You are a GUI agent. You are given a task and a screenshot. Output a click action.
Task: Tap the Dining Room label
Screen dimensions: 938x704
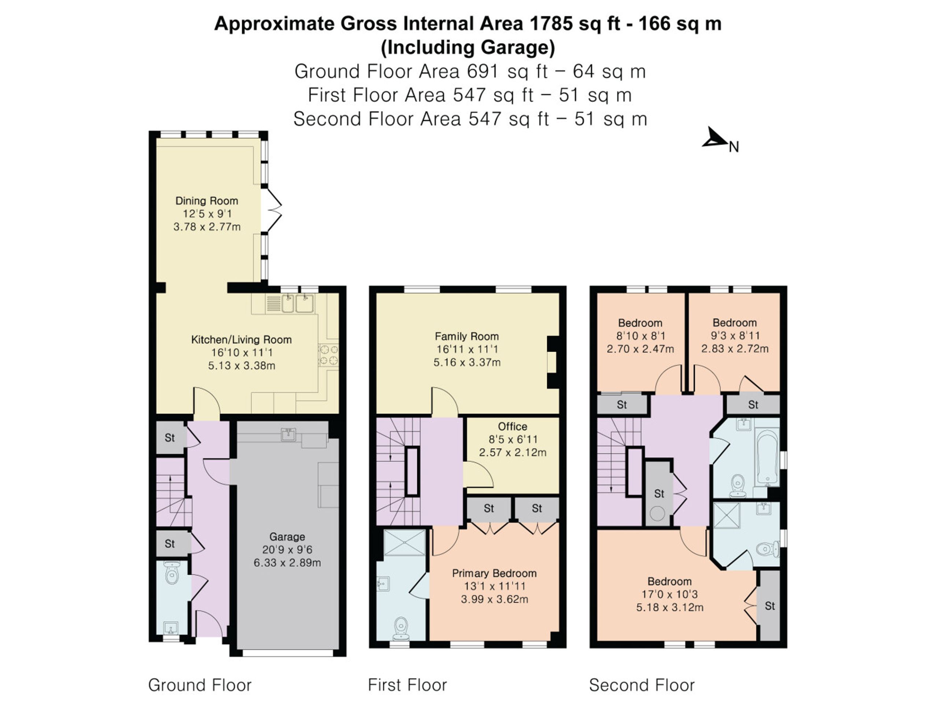point(207,200)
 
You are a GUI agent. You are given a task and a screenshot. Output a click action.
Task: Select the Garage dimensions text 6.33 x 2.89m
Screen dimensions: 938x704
point(287,563)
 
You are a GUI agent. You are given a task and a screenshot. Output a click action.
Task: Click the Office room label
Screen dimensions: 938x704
point(513,426)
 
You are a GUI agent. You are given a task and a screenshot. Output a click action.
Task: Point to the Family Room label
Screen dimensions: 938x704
point(467,336)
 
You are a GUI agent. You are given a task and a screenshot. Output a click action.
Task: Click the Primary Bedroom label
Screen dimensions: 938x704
point(494,574)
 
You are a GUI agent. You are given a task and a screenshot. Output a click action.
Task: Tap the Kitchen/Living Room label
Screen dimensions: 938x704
point(241,340)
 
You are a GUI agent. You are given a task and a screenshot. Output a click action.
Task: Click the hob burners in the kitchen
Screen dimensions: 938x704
point(329,355)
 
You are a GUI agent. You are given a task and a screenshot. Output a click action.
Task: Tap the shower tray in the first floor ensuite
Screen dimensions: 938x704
point(405,542)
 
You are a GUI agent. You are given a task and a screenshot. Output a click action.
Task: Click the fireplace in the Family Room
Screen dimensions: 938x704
point(553,362)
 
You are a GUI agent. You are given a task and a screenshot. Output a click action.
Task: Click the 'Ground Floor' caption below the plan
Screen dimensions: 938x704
point(200,685)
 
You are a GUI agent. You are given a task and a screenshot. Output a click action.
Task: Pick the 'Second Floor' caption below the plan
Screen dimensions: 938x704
point(642,685)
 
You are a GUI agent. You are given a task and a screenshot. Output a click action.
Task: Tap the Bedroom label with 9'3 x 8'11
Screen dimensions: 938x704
point(734,323)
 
